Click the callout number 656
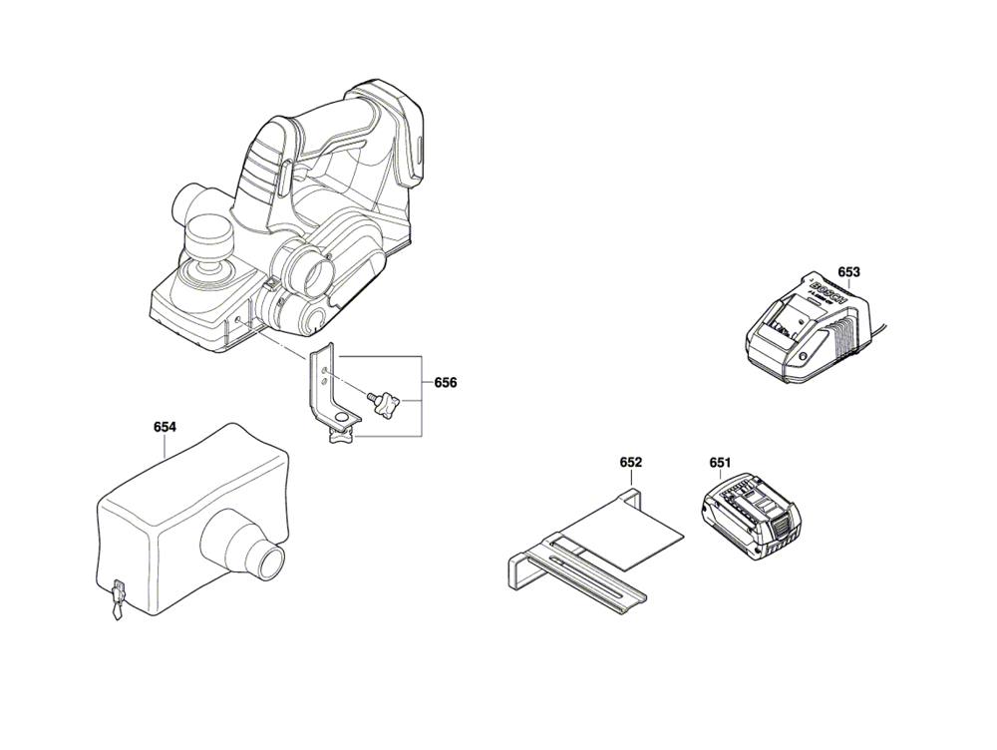click(445, 383)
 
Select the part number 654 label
click(165, 427)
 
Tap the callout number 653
click(848, 272)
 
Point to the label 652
click(631, 463)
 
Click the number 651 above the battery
click(720, 463)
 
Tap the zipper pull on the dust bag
click(117, 599)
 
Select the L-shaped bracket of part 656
click(330, 389)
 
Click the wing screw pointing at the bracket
click(385, 404)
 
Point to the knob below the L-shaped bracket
click(341, 437)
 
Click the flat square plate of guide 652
click(623, 532)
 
